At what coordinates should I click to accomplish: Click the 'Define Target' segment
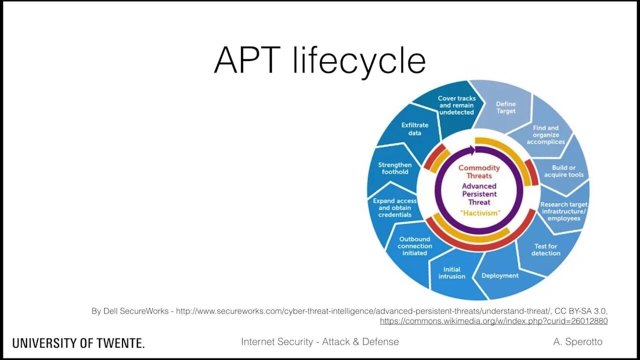tap(505, 107)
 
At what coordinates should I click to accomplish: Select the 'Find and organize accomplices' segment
tap(545, 135)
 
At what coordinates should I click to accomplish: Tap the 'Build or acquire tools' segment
tap(563, 171)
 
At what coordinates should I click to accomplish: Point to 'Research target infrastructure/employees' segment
tap(563, 211)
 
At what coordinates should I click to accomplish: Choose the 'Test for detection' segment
tap(545, 249)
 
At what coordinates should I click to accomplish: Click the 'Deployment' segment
tap(500, 275)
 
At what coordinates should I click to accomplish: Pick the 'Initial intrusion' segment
tap(451, 273)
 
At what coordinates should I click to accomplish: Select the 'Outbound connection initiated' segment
tap(414, 246)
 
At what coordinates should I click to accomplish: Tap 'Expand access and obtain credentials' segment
tap(395, 208)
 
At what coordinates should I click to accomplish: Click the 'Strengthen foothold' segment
tap(395, 168)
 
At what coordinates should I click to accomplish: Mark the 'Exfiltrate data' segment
tap(414, 129)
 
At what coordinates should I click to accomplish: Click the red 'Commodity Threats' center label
tap(479, 171)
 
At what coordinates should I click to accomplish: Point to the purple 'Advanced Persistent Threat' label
tap(479, 194)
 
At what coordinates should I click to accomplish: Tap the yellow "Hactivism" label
tap(479, 213)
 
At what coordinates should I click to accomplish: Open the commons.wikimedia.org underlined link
tap(493, 321)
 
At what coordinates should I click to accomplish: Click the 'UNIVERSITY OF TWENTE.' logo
tap(78, 343)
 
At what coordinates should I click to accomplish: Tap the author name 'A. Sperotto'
tap(577, 342)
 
